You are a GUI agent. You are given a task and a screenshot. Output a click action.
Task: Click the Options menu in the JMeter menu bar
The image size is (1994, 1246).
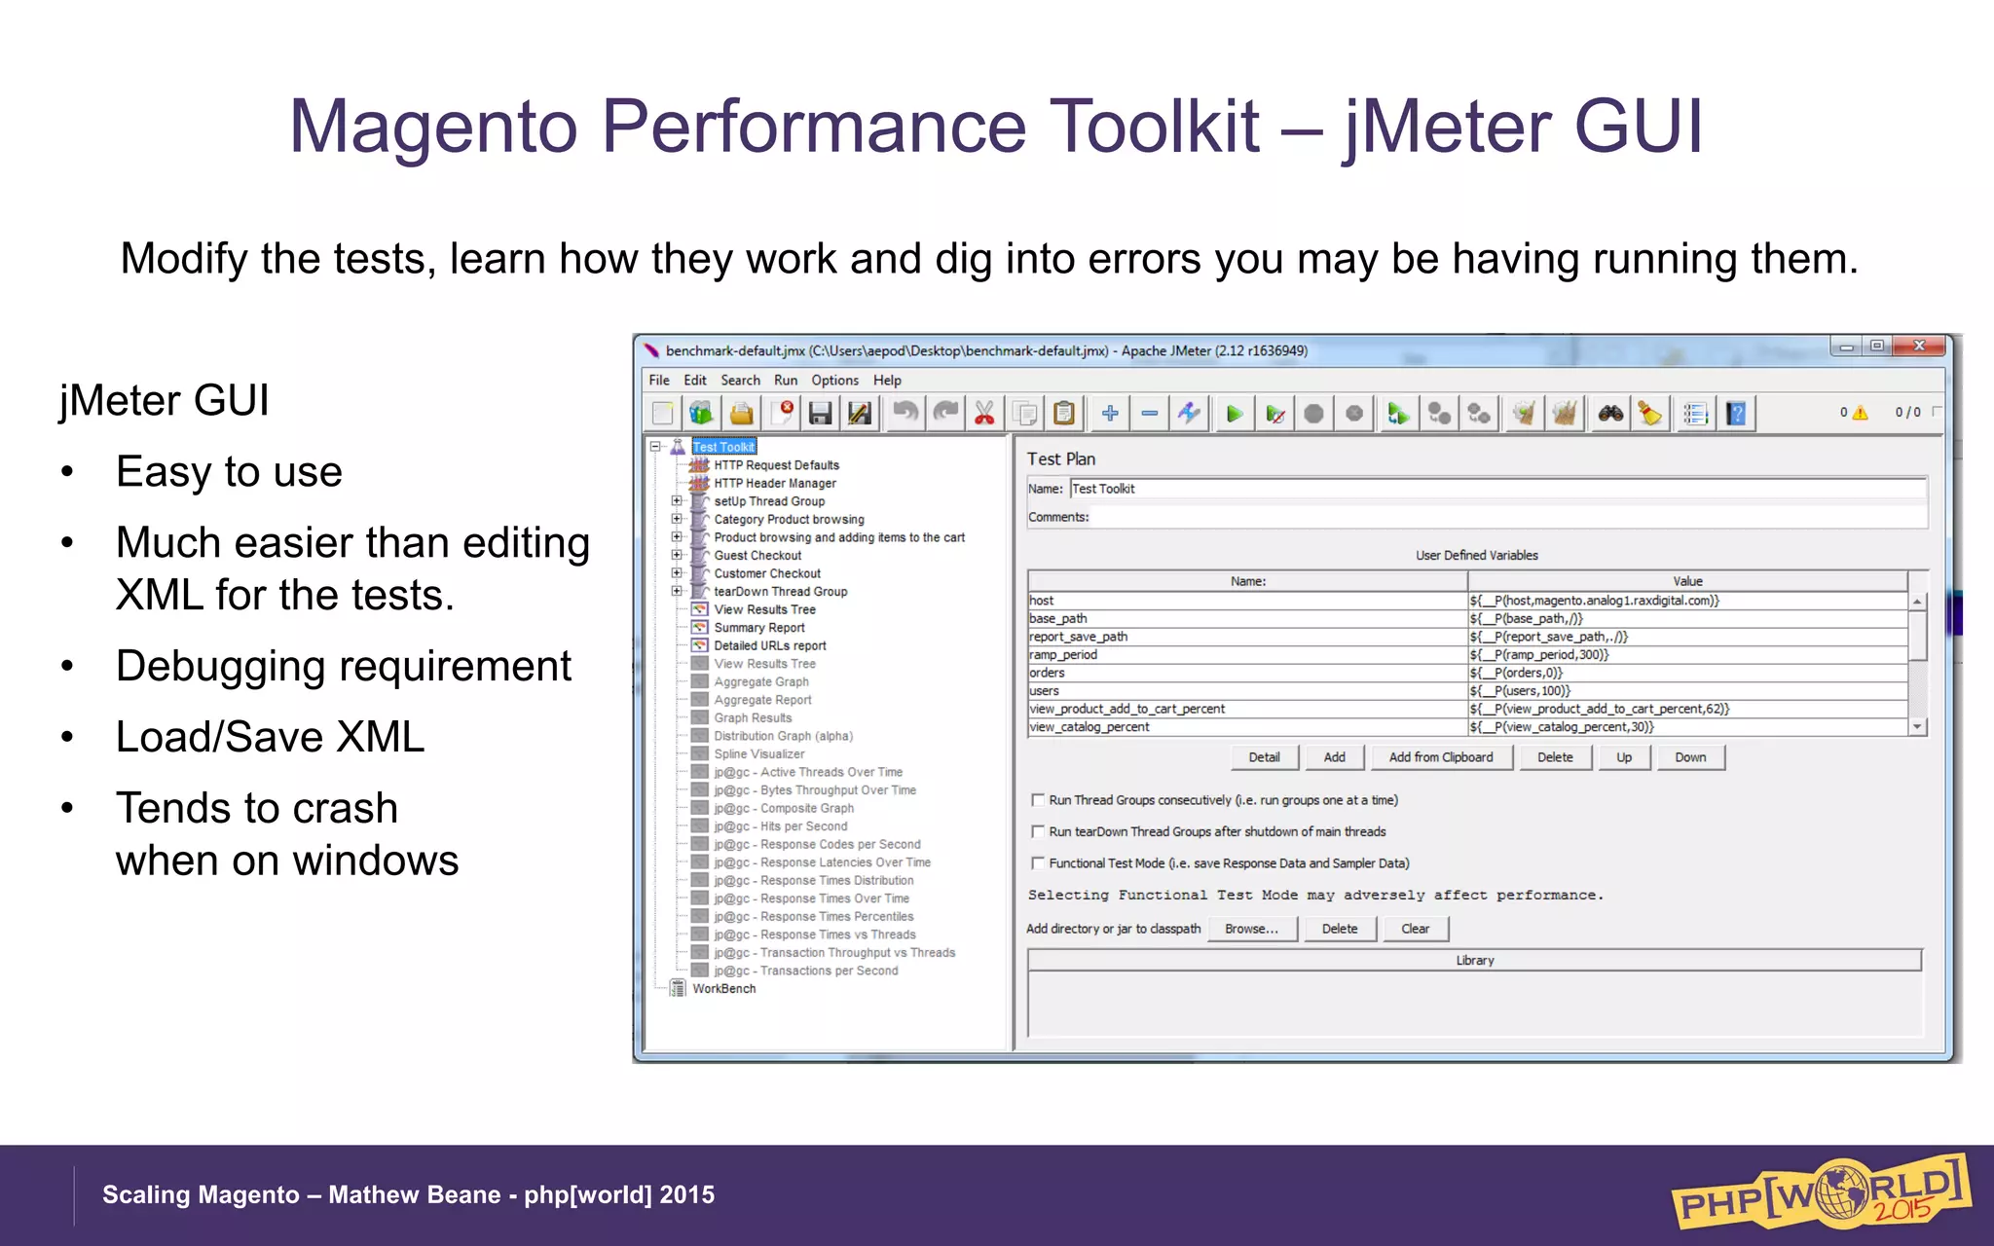(x=834, y=380)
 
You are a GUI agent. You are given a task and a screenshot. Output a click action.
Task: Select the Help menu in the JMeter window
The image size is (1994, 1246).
(x=886, y=380)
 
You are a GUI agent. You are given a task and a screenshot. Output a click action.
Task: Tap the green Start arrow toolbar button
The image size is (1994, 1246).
(x=1235, y=414)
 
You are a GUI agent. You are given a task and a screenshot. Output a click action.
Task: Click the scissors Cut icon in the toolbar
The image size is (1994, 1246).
(x=984, y=414)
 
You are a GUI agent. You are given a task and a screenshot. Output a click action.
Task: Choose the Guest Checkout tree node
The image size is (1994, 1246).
(x=757, y=555)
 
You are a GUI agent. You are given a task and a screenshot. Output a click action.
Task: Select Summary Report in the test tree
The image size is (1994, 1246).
(x=759, y=628)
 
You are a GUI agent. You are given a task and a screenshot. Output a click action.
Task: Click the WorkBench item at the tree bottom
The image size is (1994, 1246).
(x=723, y=988)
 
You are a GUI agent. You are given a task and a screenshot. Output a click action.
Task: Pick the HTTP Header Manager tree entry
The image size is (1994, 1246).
(x=775, y=483)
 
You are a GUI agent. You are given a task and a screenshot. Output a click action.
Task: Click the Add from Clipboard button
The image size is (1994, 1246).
(x=1440, y=757)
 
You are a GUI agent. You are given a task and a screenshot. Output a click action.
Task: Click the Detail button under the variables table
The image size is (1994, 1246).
(x=1264, y=757)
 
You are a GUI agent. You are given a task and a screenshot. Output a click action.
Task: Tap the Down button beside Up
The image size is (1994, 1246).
(x=1690, y=757)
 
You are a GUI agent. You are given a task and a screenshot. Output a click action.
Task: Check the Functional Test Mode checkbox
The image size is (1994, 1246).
(x=1038, y=863)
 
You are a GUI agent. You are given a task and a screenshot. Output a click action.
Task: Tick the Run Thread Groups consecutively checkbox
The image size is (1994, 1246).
(x=1038, y=800)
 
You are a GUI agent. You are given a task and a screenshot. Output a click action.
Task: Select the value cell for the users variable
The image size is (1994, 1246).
(x=1687, y=691)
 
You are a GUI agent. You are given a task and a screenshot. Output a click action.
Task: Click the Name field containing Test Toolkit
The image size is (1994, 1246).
(x=1497, y=489)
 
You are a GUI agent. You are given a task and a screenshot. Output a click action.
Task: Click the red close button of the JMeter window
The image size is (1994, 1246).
(x=1918, y=346)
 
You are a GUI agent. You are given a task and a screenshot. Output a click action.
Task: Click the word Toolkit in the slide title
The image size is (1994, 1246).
(x=1154, y=127)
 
